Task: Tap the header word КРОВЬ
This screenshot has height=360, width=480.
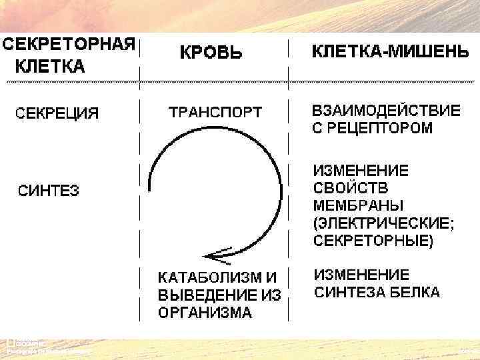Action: click(x=210, y=53)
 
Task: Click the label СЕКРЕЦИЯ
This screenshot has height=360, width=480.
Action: click(x=57, y=113)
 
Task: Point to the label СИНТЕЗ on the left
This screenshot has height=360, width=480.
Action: click(x=48, y=191)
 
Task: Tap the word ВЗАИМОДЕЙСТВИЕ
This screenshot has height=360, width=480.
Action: click(x=386, y=111)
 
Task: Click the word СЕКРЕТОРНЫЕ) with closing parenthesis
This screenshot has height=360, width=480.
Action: click(x=373, y=240)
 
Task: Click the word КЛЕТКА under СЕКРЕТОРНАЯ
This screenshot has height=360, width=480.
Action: click(x=50, y=67)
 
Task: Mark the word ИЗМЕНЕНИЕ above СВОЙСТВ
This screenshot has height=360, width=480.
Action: click(x=361, y=170)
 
